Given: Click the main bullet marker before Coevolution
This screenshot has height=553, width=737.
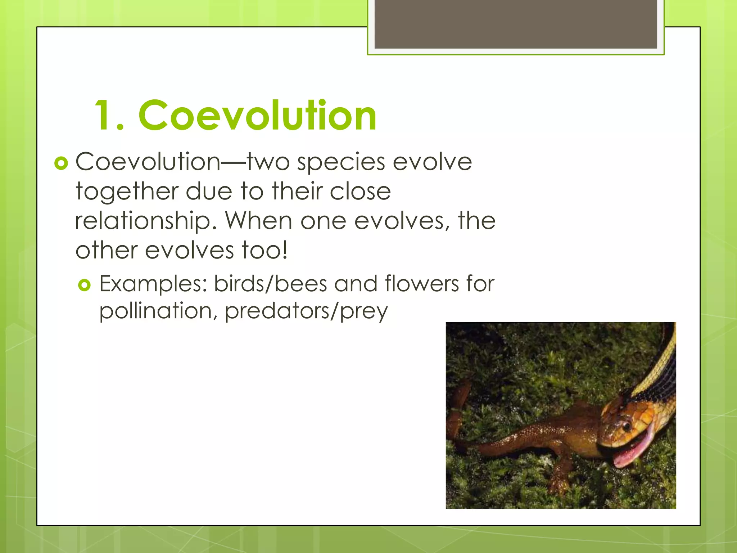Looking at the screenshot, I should point(61,163).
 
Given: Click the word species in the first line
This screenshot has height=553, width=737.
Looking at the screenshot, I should point(340,163).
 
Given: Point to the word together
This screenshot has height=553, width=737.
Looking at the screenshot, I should point(126,192).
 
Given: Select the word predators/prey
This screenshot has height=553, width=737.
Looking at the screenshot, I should point(306,311).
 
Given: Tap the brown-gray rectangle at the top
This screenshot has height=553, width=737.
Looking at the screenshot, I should point(515,24).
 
